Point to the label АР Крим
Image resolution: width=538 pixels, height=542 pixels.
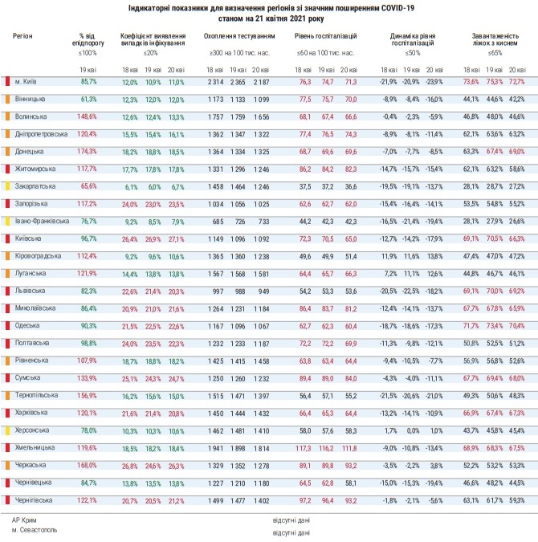(24, 520)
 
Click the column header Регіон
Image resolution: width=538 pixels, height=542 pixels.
(22, 37)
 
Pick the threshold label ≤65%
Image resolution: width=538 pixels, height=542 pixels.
(494, 52)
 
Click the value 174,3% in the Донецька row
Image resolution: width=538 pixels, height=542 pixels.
(87, 151)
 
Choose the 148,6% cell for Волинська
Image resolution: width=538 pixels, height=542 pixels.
(87, 116)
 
